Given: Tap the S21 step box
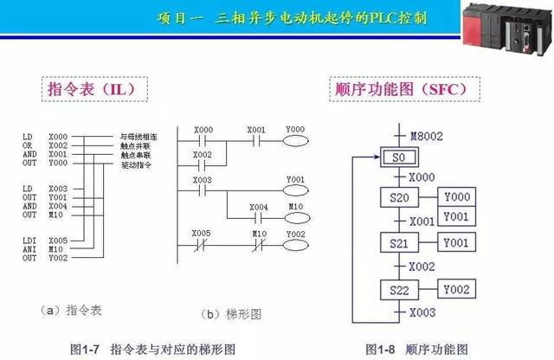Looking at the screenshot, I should click(399, 243).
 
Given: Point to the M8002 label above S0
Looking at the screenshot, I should click(424, 135).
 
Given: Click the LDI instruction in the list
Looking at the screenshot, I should click(29, 240).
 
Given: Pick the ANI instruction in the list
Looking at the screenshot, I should click(29, 249).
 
